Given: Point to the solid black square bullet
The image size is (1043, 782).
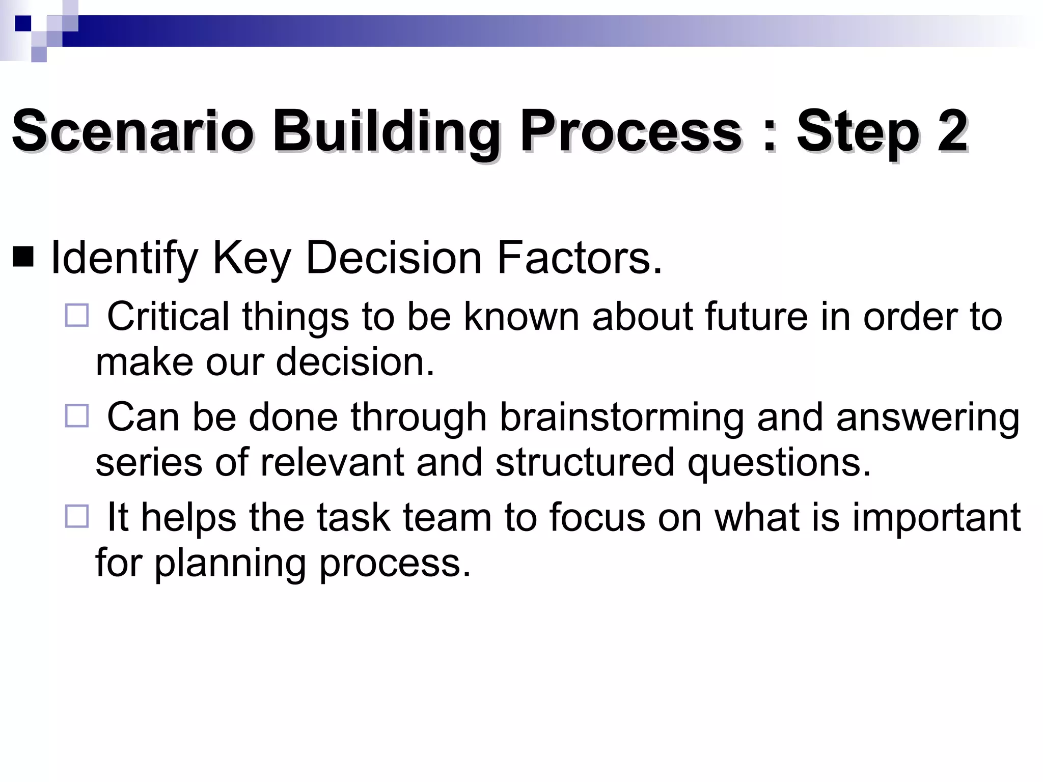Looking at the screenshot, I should click(23, 258).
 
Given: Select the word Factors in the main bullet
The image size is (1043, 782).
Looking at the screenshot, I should click(579, 258).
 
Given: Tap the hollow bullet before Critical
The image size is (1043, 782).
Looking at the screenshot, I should click(77, 315).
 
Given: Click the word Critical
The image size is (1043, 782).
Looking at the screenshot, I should click(168, 317).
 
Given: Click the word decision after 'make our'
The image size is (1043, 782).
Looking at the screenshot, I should click(355, 362).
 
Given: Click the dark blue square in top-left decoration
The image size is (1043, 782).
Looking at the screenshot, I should click(23, 23).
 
